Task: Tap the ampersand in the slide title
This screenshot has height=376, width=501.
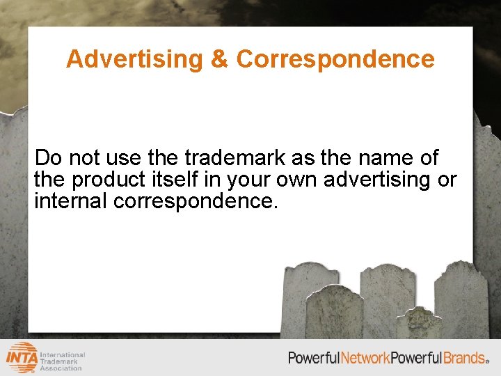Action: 220,59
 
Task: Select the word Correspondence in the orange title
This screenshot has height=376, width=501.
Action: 335,59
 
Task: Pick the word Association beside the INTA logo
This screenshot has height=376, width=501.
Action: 62,368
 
